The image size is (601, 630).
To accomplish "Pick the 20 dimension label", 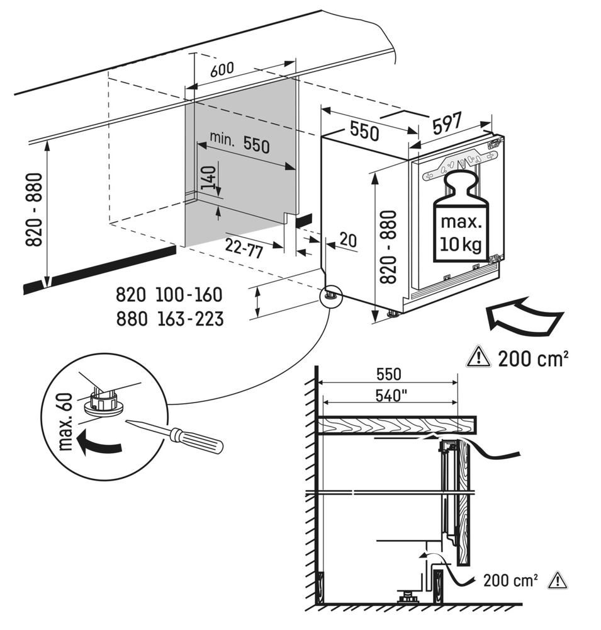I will click(347, 239).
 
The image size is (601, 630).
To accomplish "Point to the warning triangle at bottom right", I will click(558, 580).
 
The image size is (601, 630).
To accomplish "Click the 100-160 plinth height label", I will click(192, 295).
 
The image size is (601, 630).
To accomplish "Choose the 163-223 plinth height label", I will click(192, 319).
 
